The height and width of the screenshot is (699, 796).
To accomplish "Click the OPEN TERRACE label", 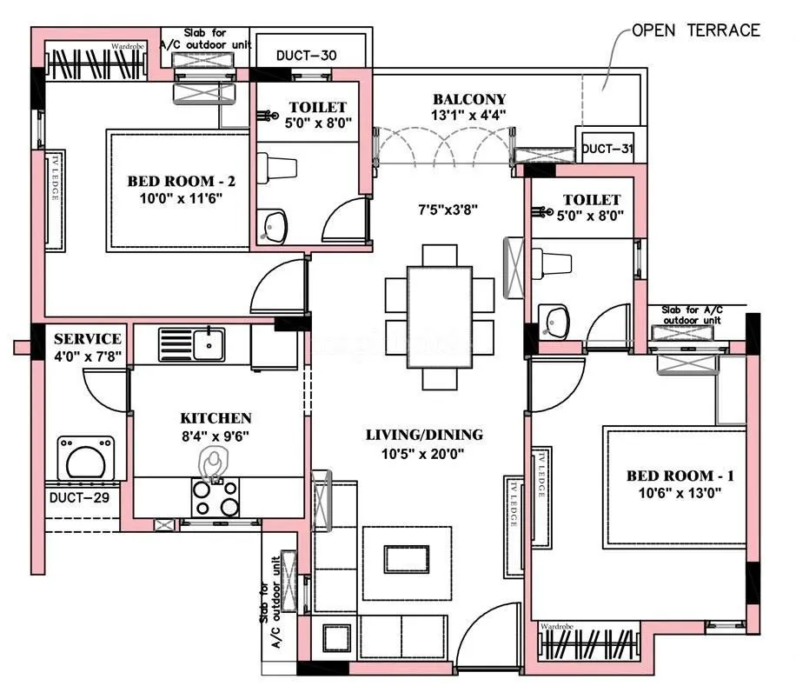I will pyautogui.click(x=695, y=30).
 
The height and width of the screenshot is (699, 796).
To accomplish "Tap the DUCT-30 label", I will pyautogui.click(x=307, y=56).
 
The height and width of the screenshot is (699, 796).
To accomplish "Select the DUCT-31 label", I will pyautogui.click(x=607, y=149).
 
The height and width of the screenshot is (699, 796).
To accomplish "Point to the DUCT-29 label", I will pyautogui.click(x=78, y=498).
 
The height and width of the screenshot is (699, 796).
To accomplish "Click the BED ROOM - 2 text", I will pyautogui.click(x=182, y=181).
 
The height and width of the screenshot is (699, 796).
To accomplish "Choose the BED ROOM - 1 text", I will pyautogui.click(x=680, y=476).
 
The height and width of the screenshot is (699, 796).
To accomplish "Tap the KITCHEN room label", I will pyautogui.click(x=216, y=418).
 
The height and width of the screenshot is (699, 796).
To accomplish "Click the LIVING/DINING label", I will pyautogui.click(x=424, y=435).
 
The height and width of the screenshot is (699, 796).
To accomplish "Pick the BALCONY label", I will pyautogui.click(x=469, y=99).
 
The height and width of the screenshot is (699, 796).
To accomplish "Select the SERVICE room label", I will pyautogui.click(x=87, y=338).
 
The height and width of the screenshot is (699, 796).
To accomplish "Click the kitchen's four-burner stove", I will pyautogui.click(x=216, y=498).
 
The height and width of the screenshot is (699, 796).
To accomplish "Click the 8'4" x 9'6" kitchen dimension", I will pyautogui.click(x=216, y=436).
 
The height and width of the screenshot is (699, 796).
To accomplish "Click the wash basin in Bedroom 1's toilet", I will pyautogui.click(x=554, y=322).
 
